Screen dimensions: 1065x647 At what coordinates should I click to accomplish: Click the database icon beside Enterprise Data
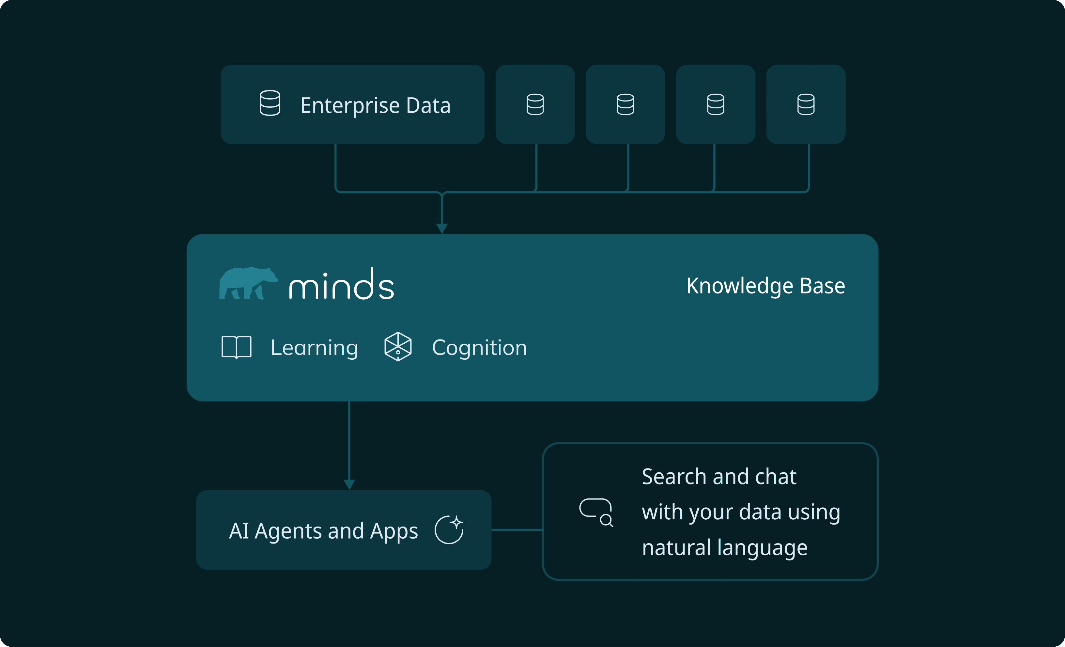[270, 103]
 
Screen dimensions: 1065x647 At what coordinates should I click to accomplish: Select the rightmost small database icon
[806, 104]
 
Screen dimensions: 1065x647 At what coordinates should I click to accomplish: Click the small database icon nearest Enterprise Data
[535, 104]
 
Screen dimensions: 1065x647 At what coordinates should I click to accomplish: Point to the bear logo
[248, 283]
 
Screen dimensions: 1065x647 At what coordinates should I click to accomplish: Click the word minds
[341, 284]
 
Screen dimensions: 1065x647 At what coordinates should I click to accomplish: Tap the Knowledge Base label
[765, 286]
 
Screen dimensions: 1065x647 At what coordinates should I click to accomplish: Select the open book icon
[237, 347]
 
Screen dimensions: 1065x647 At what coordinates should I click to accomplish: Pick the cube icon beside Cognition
[398, 346]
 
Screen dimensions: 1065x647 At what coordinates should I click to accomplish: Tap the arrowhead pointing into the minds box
[442, 229]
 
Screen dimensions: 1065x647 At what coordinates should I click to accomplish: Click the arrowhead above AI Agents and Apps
[349, 484]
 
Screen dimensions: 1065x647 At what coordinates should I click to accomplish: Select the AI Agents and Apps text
[323, 531]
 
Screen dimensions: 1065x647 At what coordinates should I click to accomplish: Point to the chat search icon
[596, 513]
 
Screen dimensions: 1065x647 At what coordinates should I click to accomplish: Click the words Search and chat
[719, 477]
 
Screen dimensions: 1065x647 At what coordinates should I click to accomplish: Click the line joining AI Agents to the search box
[517, 529]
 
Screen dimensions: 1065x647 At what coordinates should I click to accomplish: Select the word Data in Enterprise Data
[428, 105]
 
